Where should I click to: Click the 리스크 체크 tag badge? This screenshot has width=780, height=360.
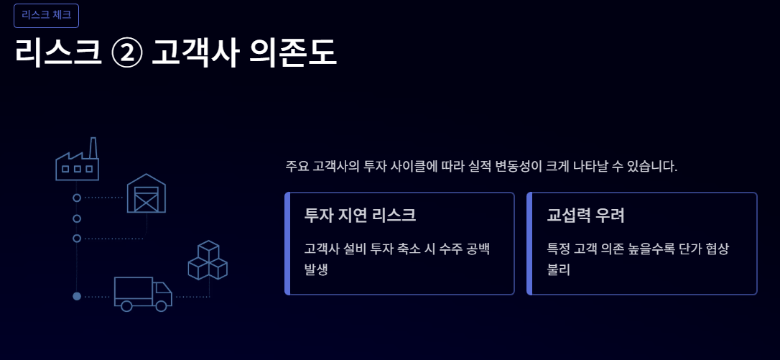tap(46, 15)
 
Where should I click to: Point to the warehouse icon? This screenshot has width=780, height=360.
tap(147, 193)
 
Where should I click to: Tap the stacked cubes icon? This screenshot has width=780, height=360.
tap(208, 260)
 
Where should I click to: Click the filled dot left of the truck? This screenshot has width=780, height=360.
tap(77, 296)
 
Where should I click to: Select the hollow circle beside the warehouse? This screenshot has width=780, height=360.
tap(77, 197)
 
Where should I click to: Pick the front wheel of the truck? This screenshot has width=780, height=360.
tap(161, 306)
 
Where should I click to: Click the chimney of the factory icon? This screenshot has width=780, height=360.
tap(93, 148)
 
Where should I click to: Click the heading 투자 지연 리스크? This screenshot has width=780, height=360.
tap(360, 215)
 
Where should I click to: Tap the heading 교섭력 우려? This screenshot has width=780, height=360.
tap(585, 215)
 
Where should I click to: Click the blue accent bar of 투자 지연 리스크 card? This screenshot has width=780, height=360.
tap(287, 244)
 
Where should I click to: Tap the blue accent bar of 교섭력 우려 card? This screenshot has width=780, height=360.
tap(529, 244)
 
